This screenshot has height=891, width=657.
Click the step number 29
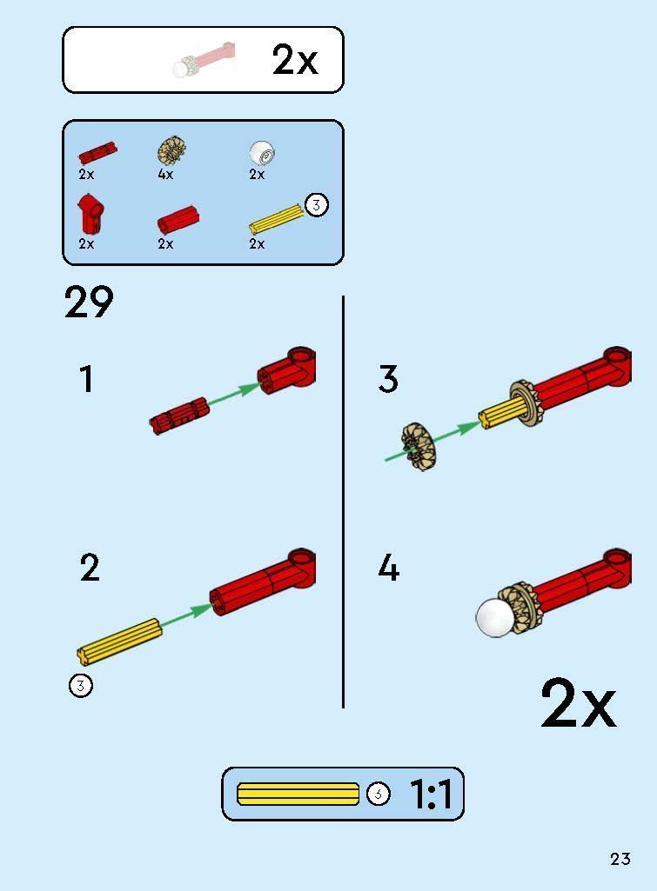tap(89, 302)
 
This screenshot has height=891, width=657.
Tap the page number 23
tap(620, 859)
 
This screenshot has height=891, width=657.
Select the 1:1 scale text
tap(431, 794)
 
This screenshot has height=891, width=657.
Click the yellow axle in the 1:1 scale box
tap(298, 794)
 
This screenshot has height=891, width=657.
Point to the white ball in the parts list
tap(262, 153)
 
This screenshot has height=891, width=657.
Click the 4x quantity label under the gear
tap(165, 175)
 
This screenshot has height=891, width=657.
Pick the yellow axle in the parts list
tap(276, 219)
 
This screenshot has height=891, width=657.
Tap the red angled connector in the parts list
tap(91, 214)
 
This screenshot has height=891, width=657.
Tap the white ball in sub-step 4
tap(495, 618)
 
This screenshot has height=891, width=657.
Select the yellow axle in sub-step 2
tap(119, 641)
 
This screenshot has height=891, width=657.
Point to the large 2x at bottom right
tap(578, 704)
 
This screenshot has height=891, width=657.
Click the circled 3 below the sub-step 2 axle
tap(81, 685)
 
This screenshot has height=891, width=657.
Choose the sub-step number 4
tap(388, 568)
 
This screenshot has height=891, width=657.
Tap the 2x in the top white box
tap(295, 60)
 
